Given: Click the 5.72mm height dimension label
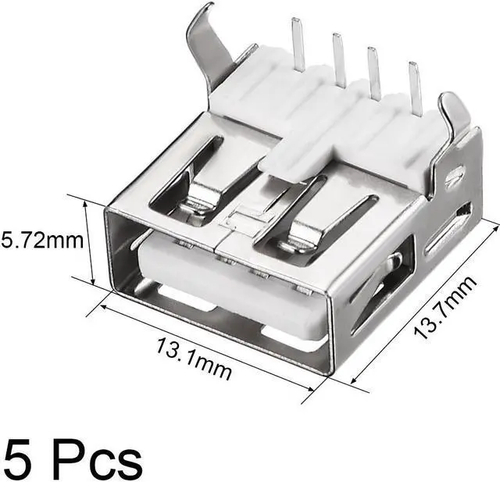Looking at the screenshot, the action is (42, 241).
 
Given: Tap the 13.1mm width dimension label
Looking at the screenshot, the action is (193, 359).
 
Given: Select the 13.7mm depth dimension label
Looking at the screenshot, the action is (446, 307).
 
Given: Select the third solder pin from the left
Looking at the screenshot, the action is (373, 73).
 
